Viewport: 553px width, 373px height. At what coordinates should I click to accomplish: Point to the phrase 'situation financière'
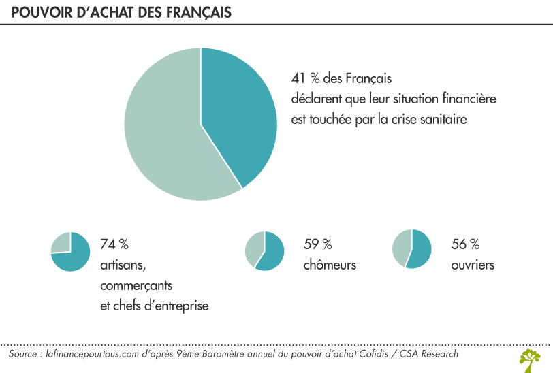tap(443, 99)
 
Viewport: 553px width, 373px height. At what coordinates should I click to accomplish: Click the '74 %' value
tap(114, 244)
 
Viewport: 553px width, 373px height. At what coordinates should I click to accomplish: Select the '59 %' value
tap(317, 244)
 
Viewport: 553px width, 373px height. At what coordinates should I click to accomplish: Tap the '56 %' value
tap(465, 244)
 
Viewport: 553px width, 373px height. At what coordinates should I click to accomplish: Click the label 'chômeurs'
tap(330, 265)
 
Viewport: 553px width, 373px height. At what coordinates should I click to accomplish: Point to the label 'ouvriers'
tap(473, 265)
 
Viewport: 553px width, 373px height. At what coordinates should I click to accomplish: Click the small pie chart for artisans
tap(70, 252)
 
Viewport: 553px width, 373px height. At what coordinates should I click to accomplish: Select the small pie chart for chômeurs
tap(264, 250)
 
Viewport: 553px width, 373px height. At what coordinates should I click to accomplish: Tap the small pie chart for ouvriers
tap(411, 248)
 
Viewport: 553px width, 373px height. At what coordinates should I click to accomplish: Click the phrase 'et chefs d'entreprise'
tap(154, 306)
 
